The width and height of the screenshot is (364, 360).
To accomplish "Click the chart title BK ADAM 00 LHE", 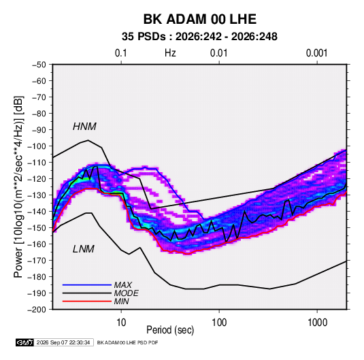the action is pyautogui.click(x=199, y=19).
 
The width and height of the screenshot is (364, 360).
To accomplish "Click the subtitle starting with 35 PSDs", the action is pyautogui.click(x=199, y=37).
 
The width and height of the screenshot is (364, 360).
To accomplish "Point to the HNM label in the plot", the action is pyautogui.click(x=84, y=127).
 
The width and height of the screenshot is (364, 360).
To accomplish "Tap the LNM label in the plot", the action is pyautogui.click(x=84, y=249).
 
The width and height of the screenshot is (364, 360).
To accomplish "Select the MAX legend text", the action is pyautogui.click(x=123, y=284).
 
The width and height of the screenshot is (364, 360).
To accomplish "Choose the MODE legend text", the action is pyautogui.click(x=127, y=293).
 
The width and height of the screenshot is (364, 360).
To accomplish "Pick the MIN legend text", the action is pyautogui.click(x=121, y=301).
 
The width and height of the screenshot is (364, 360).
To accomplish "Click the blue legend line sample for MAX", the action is pyautogui.click(x=87, y=284).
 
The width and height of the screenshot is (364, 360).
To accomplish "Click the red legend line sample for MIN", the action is pyautogui.click(x=87, y=301).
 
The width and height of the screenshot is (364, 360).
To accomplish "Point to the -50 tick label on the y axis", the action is pyautogui.click(x=39, y=65).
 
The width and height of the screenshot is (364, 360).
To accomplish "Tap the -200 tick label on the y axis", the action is pyautogui.click(x=37, y=310).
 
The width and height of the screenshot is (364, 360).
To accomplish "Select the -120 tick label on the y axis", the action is pyautogui.click(x=37, y=179).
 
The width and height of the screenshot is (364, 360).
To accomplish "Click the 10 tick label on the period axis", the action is pyautogui.click(x=121, y=323).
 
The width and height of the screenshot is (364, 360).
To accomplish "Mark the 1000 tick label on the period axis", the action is pyautogui.click(x=317, y=323).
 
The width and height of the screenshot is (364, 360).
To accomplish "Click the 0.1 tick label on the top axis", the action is pyautogui.click(x=121, y=53).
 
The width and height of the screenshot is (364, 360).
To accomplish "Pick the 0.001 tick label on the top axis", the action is pyautogui.click(x=317, y=53).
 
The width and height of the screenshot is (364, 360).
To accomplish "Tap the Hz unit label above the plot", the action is pyautogui.click(x=170, y=53).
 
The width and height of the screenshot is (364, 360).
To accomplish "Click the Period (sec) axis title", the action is pyautogui.click(x=170, y=330).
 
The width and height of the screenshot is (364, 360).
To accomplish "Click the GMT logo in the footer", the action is pyautogui.click(x=25, y=342).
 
